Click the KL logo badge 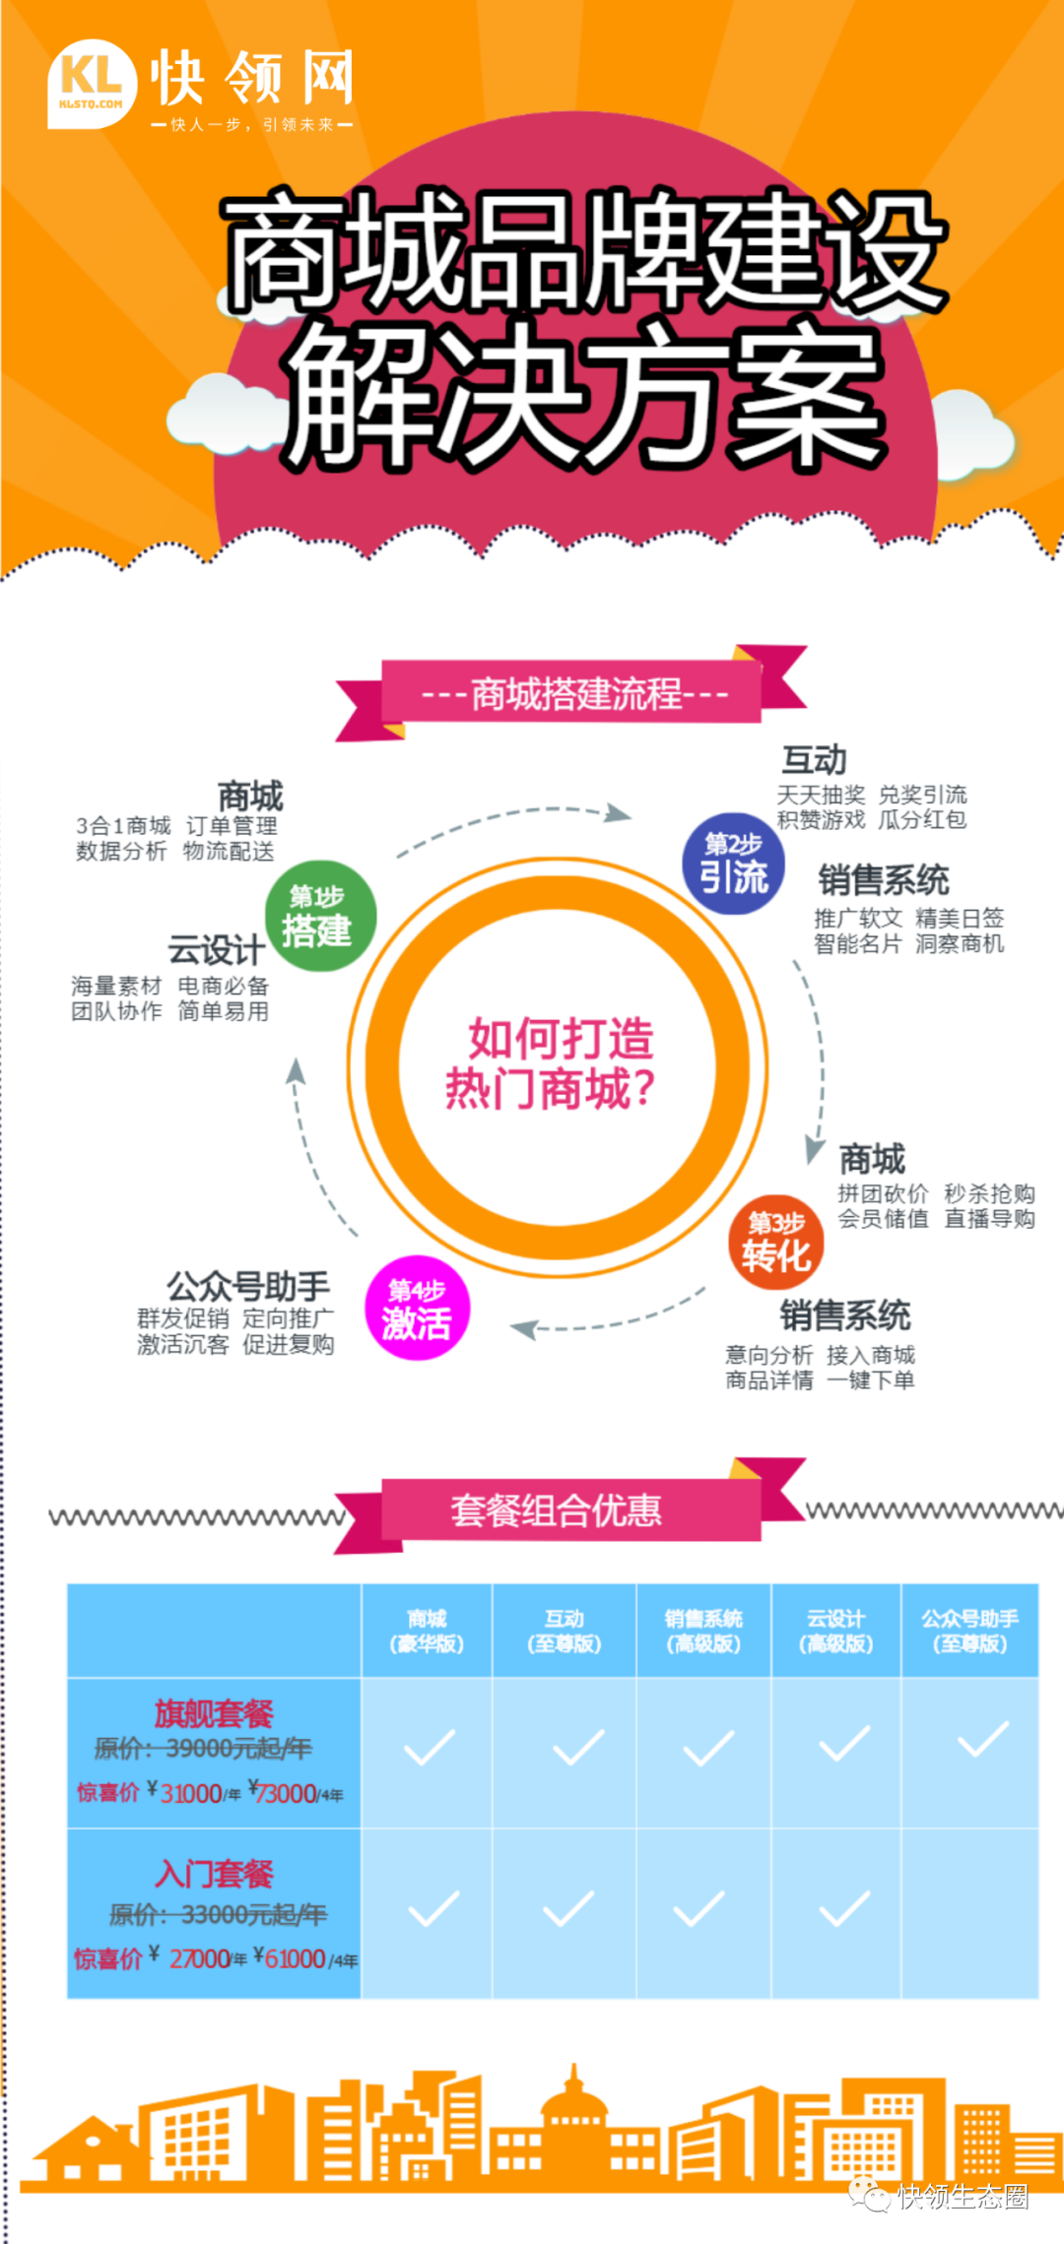coord(92,84)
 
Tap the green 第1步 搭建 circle coord(320,917)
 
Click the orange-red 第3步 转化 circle coord(776,1243)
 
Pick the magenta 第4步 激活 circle coord(417,1309)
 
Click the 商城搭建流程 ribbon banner coord(572,693)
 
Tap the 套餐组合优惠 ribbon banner coord(558,1509)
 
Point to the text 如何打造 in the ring coord(560,1038)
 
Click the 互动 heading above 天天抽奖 coord(814,760)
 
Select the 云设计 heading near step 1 coord(216,950)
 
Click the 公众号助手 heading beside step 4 coord(248,1286)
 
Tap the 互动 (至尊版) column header coord(565,1631)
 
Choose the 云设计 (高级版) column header coord(836,1631)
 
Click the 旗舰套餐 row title coord(214,1714)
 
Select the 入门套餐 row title coord(214,1874)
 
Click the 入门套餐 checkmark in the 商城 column coord(432,1908)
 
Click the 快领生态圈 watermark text coord(963,2197)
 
